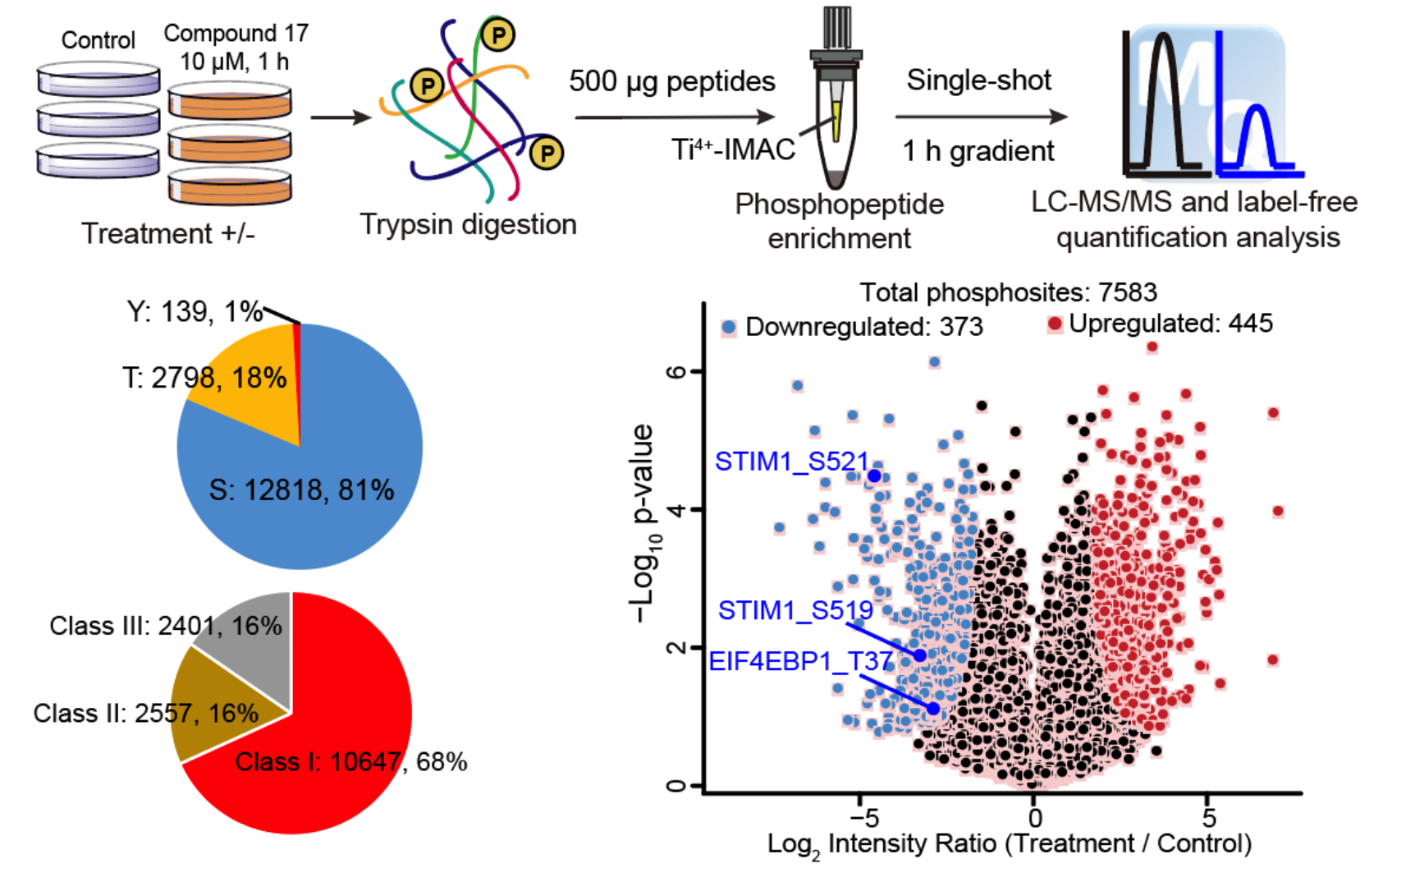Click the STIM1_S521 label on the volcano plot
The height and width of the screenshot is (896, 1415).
(x=791, y=462)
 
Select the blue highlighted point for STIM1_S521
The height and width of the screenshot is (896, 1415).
(x=874, y=476)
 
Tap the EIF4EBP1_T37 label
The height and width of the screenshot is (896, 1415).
(x=800, y=661)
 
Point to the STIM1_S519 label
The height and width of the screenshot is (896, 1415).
(x=795, y=610)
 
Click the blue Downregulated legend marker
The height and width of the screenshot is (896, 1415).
(x=728, y=327)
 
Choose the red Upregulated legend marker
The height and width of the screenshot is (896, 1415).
(x=1055, y=324)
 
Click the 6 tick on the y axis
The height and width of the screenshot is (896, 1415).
(x=675, y=371)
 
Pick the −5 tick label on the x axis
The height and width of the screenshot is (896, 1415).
(x=863, y=818)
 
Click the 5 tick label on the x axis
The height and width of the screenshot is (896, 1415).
(x=1208, y=818)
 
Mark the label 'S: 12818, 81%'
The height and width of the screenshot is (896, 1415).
(x=301, y=490)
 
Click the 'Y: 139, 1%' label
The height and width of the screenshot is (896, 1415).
(x=194, y=312)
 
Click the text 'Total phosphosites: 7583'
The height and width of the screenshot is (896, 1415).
(x=1008, y=292)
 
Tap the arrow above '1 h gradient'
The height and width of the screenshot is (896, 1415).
(x=980, y=117)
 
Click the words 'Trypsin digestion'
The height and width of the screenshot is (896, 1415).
(x=468, y=224)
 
